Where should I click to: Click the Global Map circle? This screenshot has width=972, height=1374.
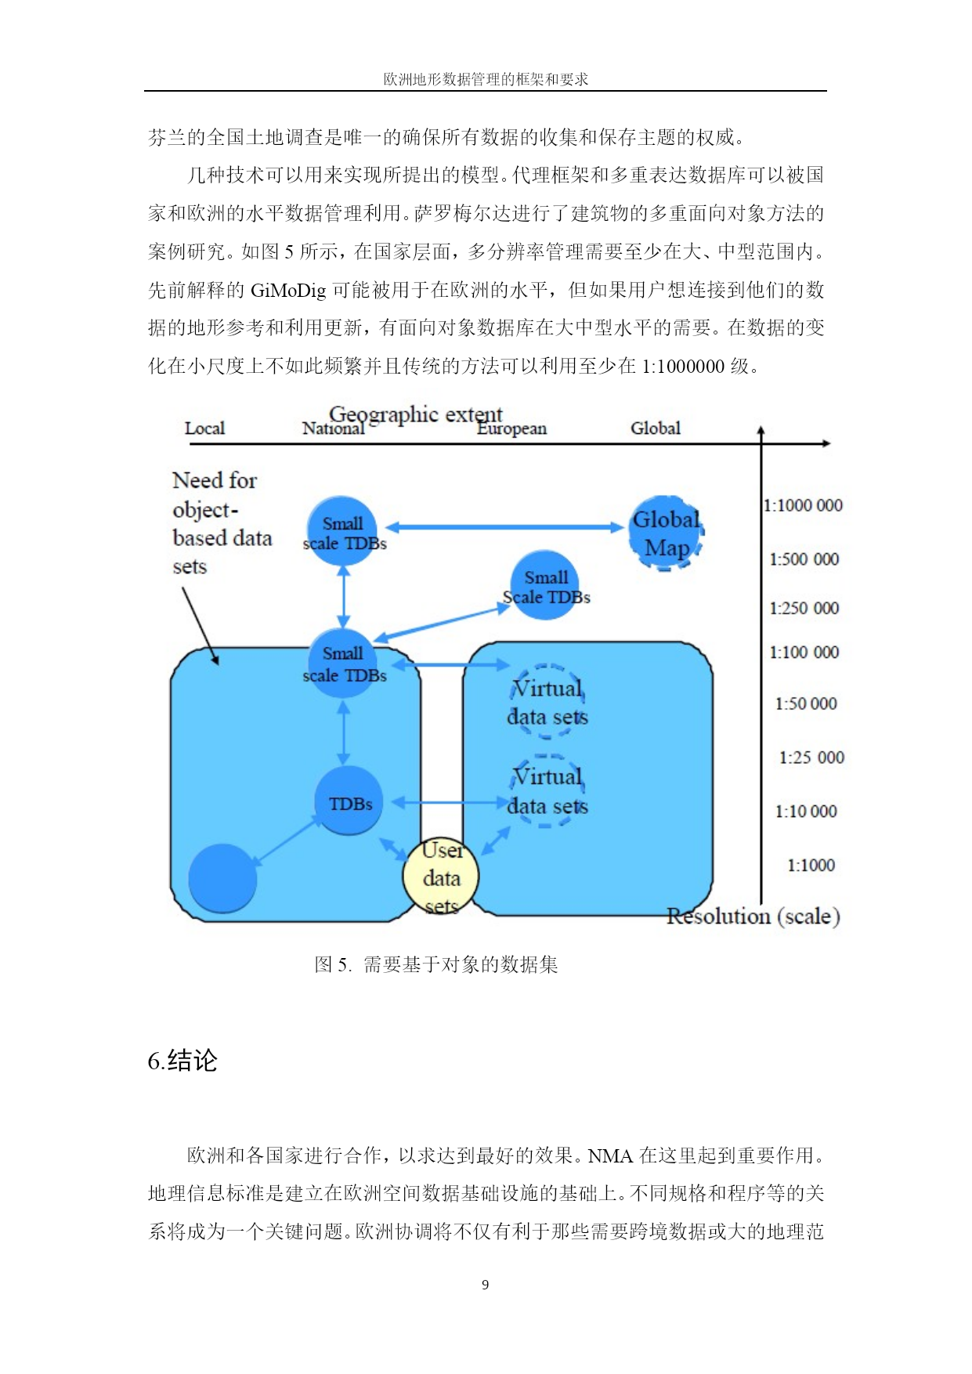(x=666, y=533)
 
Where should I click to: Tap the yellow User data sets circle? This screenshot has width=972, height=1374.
(x=441, y=877)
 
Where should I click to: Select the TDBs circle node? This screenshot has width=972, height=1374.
(x=349, y=801)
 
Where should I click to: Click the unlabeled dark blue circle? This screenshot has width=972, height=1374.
(x=222, y=878)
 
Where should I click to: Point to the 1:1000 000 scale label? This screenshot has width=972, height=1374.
(x=803, y=505)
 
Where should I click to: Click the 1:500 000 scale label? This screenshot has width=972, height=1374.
(x=804, y=559)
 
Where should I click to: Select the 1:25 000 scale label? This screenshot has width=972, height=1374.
(x=811, y=758)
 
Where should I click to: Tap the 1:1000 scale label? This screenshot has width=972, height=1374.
(x=811, y=865)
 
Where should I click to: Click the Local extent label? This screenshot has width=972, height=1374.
(x=204, y=428)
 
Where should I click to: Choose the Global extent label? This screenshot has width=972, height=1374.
(x=656, y=428)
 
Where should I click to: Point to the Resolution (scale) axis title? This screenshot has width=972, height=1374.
(x=753, y=916)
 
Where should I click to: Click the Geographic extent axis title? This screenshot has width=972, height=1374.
(x=415, y=414)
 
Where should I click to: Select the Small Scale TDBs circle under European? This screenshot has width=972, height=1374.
(x=545, y=585)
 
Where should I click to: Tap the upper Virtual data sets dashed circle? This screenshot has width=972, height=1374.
(x=547, y=701)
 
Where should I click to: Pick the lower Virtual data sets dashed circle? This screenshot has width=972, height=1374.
(x=547, y=790)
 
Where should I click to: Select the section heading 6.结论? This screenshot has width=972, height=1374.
(x=182, y=1061)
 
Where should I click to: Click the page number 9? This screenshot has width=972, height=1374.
(x=486, y=1285)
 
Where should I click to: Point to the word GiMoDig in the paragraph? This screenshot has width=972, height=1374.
(x=288, y=291)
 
